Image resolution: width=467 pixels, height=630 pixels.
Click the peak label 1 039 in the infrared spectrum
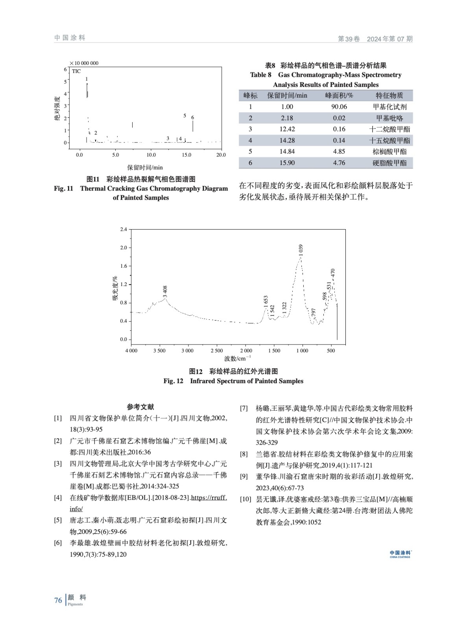coord(301,250)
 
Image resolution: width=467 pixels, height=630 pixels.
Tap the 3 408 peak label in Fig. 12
coord(165,291)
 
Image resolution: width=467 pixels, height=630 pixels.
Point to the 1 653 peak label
coord(266,302)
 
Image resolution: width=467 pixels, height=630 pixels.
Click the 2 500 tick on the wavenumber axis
coord(217,350)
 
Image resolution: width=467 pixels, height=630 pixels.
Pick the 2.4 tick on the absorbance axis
coord(124,229)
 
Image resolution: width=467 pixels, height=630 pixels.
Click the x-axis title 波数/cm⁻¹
coord(238,358)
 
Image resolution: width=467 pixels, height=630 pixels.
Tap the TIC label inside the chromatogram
coord(76,71)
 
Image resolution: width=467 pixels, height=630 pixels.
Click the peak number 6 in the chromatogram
coord(192,117)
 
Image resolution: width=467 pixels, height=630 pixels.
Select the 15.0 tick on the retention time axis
coord(186,155)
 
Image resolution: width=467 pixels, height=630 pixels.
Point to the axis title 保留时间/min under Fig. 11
coord(145,167)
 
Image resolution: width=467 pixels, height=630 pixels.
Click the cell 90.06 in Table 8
coord(339,107)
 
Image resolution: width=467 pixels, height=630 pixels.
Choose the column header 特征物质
coord(389,95)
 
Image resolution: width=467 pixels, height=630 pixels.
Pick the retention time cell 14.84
coord(287,152)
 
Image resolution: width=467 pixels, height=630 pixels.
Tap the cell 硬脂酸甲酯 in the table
coord(389,163)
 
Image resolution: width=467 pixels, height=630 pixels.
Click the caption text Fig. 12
coord(174,381)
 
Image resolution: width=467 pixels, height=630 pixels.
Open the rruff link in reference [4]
coord(209,498)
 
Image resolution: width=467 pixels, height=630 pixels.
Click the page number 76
coord(58,600)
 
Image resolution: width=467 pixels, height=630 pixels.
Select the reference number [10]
coord(245,499)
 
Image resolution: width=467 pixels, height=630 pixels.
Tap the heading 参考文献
coord(140,407)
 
